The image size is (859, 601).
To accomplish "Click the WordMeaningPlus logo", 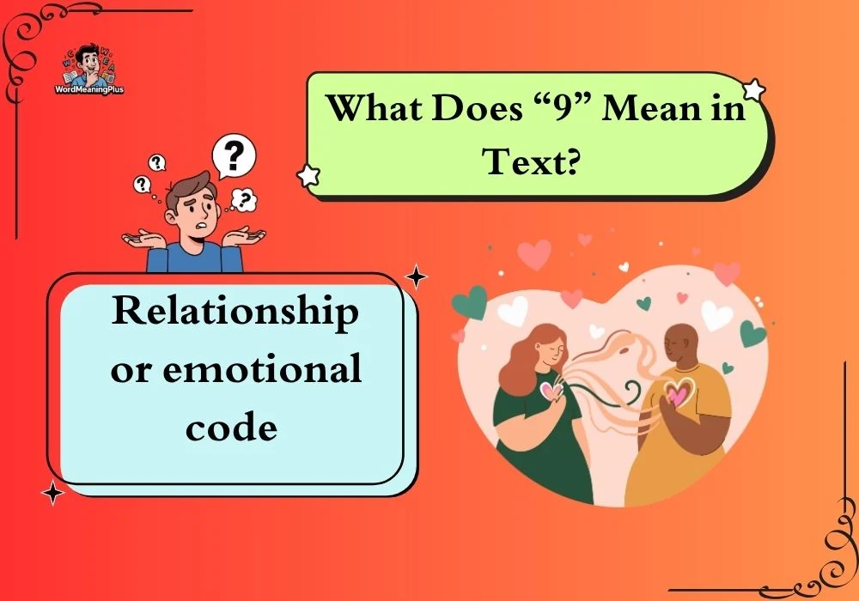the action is [89, 69].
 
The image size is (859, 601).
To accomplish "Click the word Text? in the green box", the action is [530, 161].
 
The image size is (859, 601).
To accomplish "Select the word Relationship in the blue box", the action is [235, 313].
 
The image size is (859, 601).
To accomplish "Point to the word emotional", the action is [262, 367].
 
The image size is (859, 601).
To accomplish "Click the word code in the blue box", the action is [231, 427].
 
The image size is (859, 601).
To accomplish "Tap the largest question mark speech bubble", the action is [234, 157].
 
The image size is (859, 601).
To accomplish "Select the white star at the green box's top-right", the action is [754, 90].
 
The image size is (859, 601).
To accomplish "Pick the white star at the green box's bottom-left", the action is [308, 176].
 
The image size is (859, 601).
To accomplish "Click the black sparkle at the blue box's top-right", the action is [416, 276].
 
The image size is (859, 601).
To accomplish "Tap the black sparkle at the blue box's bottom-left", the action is [52, 493].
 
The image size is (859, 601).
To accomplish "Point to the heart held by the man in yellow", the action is [679, 393].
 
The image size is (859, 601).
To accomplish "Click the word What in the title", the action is [375, 108].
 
